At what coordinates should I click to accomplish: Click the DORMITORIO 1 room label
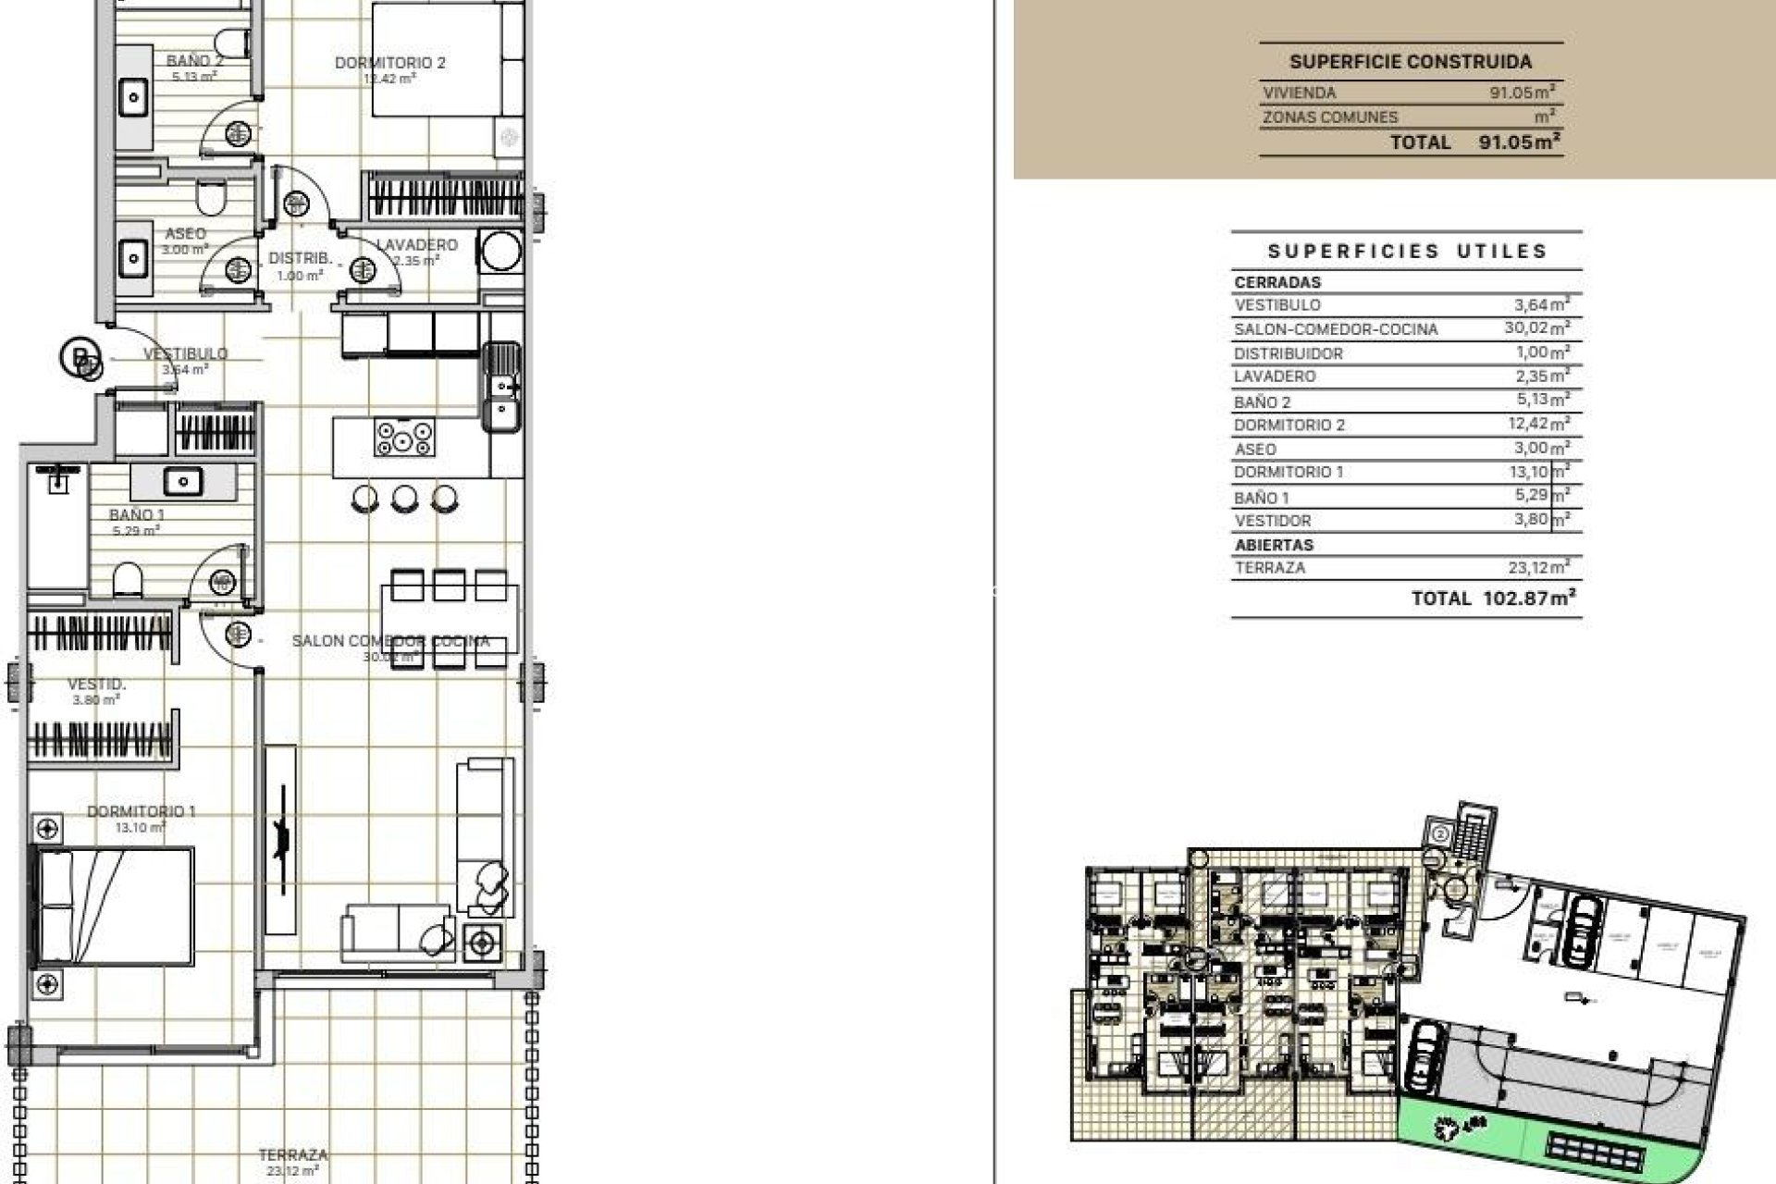tap(141, 811)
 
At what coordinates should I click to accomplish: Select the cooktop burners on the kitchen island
tap(404, 437)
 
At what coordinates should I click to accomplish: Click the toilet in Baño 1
tap(128, 582)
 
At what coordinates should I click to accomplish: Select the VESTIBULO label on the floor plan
tap(185, 353)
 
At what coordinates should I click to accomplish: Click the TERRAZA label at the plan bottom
tap(292, 1154)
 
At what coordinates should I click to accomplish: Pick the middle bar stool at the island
tap(404, 499)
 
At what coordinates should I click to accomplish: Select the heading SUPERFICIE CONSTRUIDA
tap(1411, 62)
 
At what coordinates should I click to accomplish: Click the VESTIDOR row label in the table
tap(1272, 521)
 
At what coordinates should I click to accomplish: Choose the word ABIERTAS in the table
tap(1274, 545)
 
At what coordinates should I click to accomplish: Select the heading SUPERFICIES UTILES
tap(1407, 251)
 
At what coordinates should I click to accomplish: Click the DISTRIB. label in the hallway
tap(300, 259)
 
